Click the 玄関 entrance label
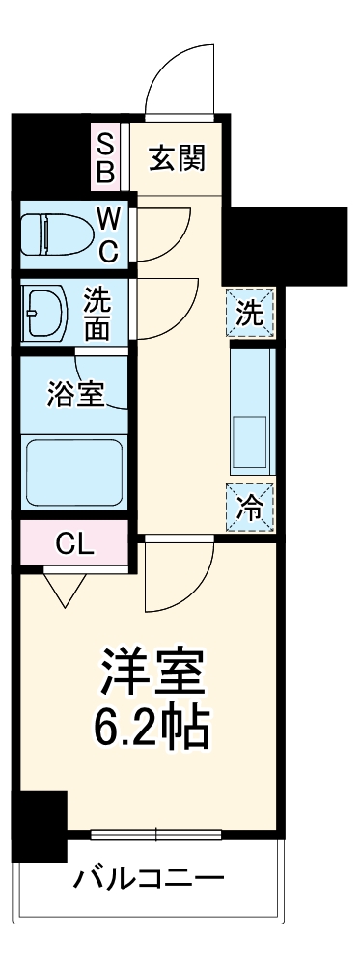(x=178, y=158)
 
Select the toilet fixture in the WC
(x=54, y=234)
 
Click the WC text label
(x=107, y=234)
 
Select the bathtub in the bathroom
(x=73, y=470)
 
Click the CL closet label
(x=73, y=543)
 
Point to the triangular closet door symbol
(x=66, y=589)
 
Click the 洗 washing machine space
(x=250, y=313)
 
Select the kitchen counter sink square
(x=253, y=440)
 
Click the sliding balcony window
(x=155, y=834)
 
